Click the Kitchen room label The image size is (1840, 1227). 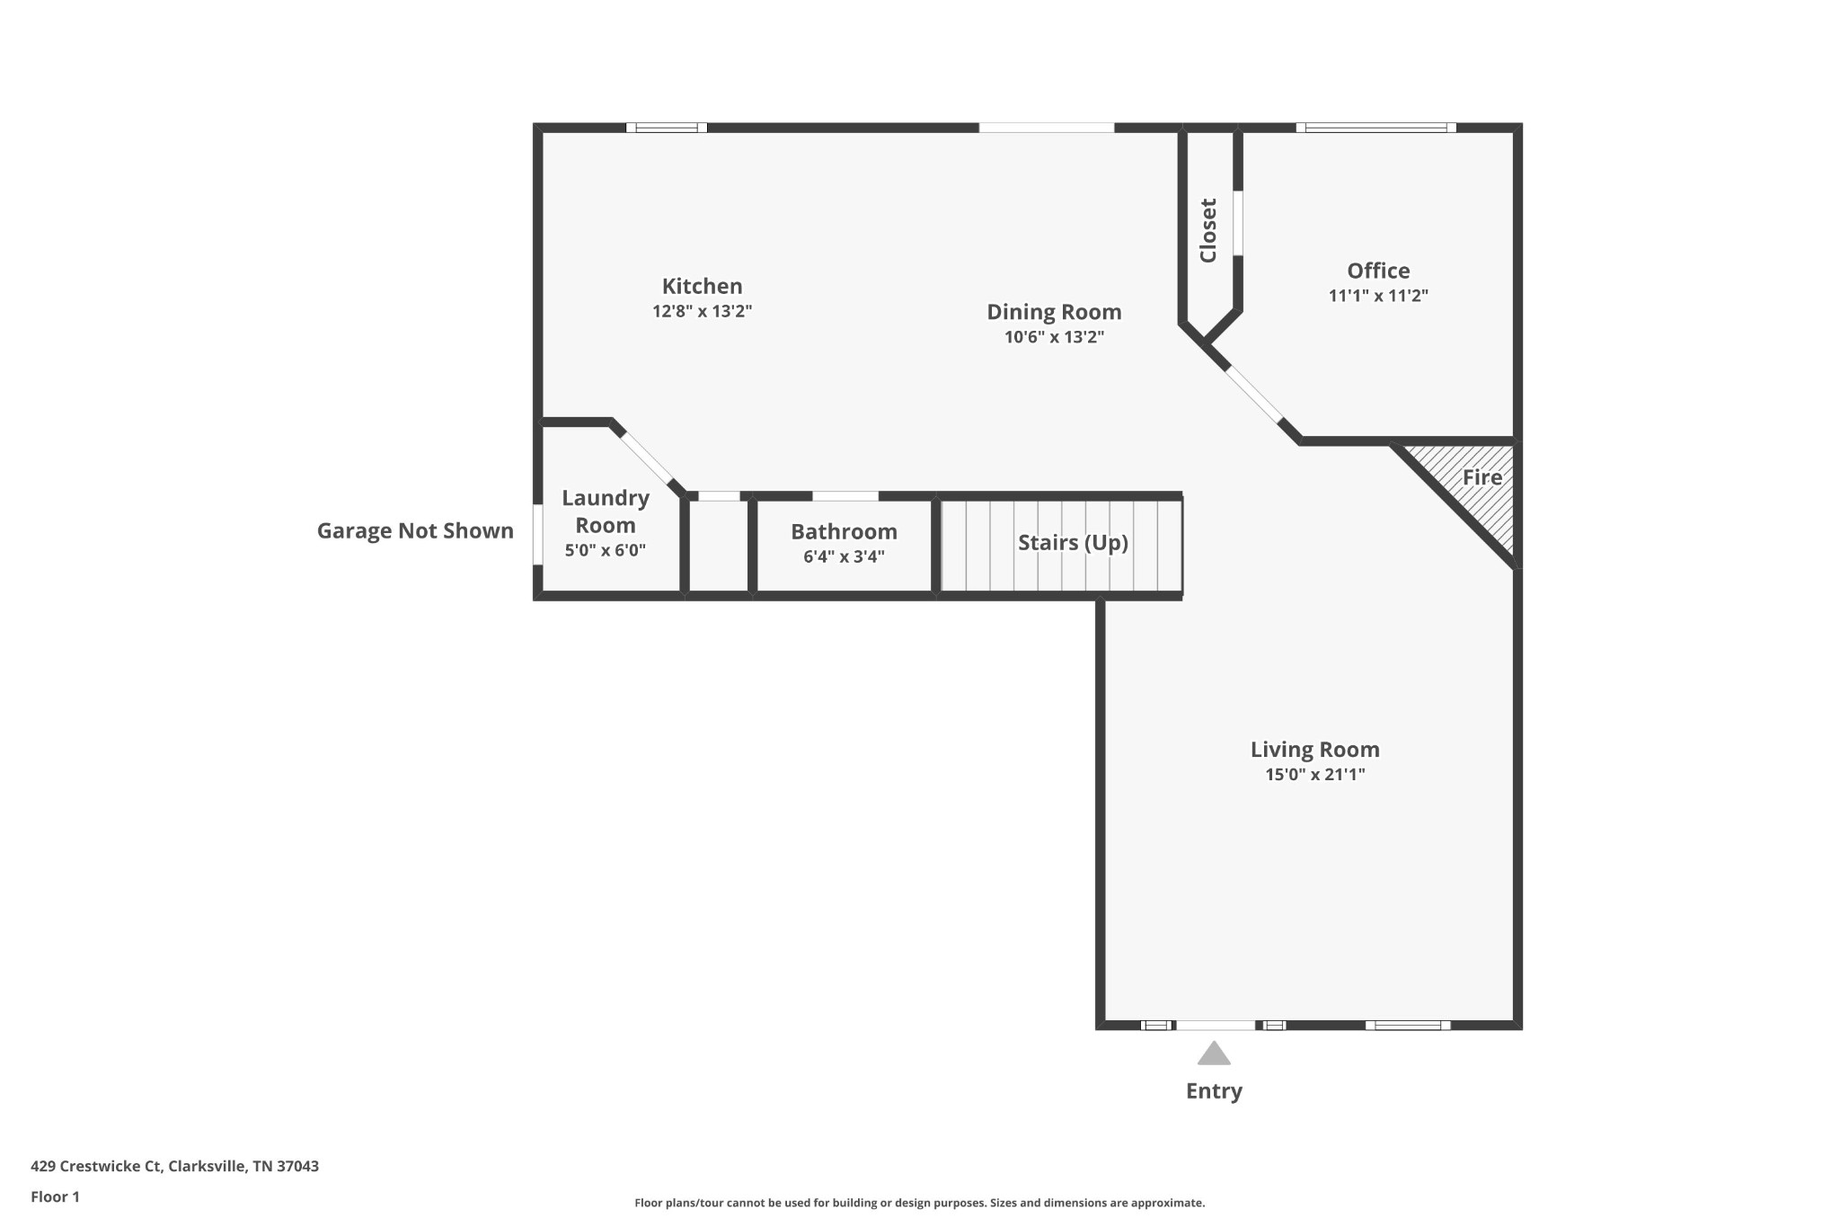pos(702,287)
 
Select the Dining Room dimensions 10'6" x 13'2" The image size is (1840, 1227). pos(1054,338)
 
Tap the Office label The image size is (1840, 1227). pos(1378,271)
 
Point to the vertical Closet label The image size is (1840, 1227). pos(1208,230)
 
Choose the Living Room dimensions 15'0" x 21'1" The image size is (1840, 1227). pos(1314,775)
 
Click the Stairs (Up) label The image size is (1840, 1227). pos(1073,543)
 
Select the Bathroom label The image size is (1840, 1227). pos(844,531)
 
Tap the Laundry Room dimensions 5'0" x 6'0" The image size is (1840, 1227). pos(605,551)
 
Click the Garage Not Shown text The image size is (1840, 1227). pos(415,531)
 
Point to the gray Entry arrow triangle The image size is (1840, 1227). pos(1214,1054)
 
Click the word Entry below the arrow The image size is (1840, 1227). pos(1214,1091)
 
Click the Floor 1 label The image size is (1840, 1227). pos(55,1197)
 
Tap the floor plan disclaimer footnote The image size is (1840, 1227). pos(919,1204)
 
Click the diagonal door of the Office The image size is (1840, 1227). pos(1254,395)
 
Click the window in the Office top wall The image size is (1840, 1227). pos(1376,128)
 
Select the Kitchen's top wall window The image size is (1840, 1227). pos(666,128)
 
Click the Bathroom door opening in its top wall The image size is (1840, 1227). pos(845,496)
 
